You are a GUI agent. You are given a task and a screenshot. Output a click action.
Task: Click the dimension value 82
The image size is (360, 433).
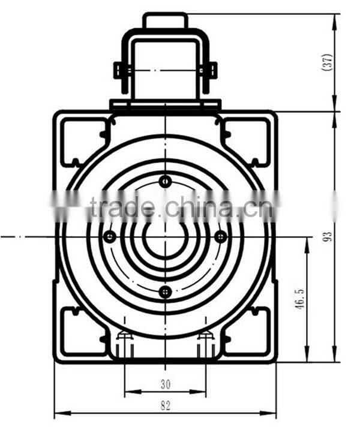165,405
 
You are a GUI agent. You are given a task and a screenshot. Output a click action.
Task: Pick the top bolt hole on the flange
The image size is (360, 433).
165,181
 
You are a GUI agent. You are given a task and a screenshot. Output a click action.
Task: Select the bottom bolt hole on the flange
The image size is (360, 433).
165,292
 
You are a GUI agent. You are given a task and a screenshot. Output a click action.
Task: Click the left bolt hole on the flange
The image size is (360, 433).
109,237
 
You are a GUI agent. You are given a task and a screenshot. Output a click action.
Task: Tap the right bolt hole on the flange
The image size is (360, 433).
221,237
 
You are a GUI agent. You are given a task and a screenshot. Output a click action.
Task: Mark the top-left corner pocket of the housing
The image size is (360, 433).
82,139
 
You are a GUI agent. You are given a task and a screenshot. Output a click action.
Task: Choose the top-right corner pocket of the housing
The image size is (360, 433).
248,139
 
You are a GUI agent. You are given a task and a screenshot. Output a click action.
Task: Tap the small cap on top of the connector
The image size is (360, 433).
165,20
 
